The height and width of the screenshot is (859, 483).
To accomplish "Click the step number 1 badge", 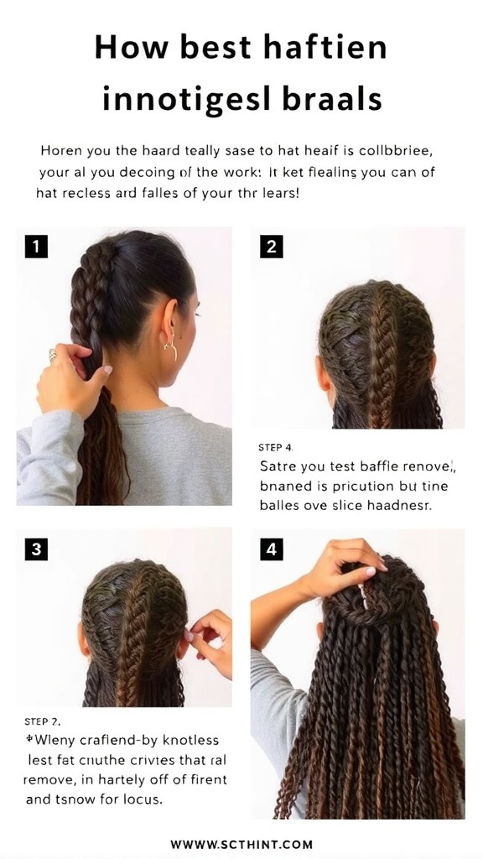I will point(36,246).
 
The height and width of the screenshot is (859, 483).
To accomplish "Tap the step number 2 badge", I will point(271,247).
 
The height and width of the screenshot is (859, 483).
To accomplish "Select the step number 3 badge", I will point(36,549).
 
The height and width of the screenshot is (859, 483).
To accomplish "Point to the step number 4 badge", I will point(271,549).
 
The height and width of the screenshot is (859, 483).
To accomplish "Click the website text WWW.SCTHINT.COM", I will point(241,844).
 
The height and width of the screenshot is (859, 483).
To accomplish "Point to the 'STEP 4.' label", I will point(277,447).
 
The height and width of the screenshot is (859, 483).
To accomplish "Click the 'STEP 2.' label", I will point(42,721).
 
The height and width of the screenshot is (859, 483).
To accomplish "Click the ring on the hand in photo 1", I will point(52,355).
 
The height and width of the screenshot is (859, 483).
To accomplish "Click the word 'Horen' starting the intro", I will point(61,152).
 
